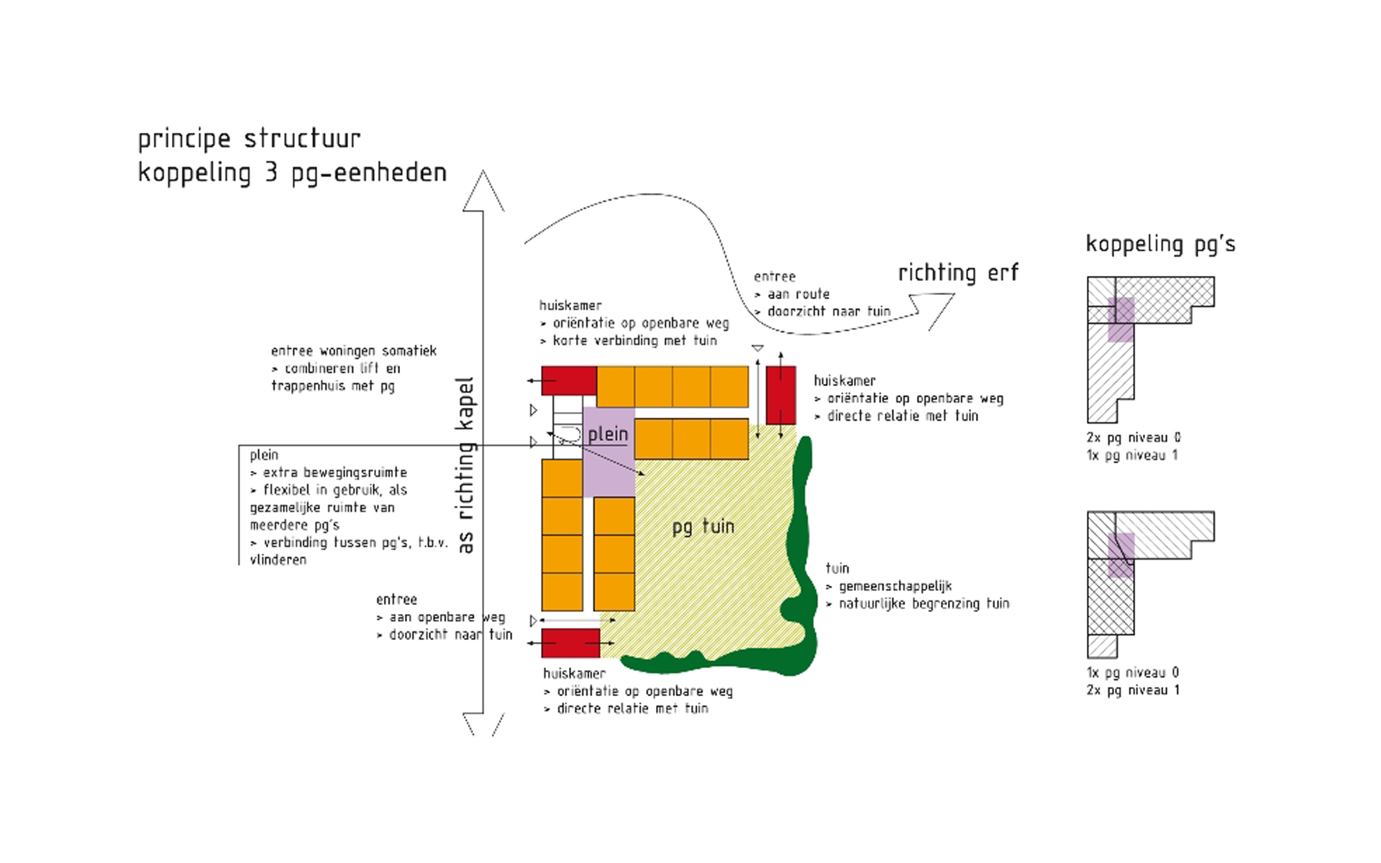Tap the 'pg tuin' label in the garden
(703, 527)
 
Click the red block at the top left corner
(568, 380)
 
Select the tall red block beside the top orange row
(780, 395)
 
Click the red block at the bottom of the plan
(570, 643)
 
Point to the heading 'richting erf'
(958, 273)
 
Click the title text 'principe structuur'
(249, 139)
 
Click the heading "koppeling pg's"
(1160, 245)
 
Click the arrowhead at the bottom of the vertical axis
(483, 723)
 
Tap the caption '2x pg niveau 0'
(1133, 437)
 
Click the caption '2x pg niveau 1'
(1133, 690)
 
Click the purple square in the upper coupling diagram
(1121, 319)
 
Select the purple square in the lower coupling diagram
(1121, 555)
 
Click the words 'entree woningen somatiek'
(353, 351)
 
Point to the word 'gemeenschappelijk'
(895, 586)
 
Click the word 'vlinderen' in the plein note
(278, 560)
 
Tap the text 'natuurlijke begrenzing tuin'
(924, 604)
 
